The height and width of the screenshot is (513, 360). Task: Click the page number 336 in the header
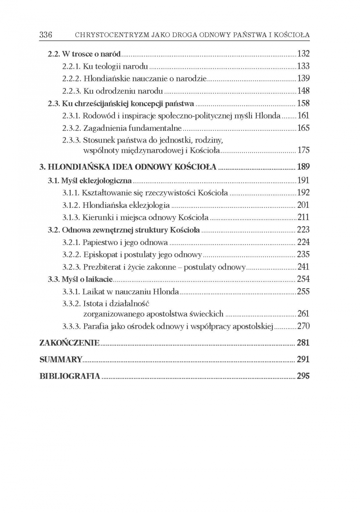point(46,35)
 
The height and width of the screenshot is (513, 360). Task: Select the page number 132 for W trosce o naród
point(303,54)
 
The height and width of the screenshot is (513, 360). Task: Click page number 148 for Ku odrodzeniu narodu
point(303,91)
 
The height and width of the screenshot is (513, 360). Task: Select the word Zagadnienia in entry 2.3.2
point(102,128)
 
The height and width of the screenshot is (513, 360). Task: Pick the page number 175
point(303,150)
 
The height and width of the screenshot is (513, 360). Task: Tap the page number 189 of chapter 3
point(303,167)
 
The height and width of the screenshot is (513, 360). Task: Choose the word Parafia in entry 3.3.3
point(95,326)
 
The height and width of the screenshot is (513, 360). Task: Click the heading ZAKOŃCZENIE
point(69,343)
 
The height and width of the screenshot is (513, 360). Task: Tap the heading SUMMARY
point(61,360)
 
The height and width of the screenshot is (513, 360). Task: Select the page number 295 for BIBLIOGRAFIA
point(303,376)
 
